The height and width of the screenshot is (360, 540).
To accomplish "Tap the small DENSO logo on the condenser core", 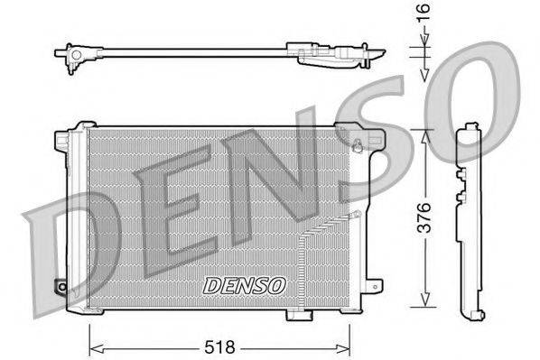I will [x=244, y=285].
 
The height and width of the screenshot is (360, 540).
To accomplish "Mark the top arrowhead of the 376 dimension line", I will [x=424, y=133].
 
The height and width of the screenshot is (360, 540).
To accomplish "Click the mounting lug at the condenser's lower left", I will [x=61, y=287].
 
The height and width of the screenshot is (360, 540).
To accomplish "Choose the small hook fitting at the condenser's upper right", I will [x=359, y=146].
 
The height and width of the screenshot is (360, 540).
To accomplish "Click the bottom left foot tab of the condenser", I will [x=94, y=312].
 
